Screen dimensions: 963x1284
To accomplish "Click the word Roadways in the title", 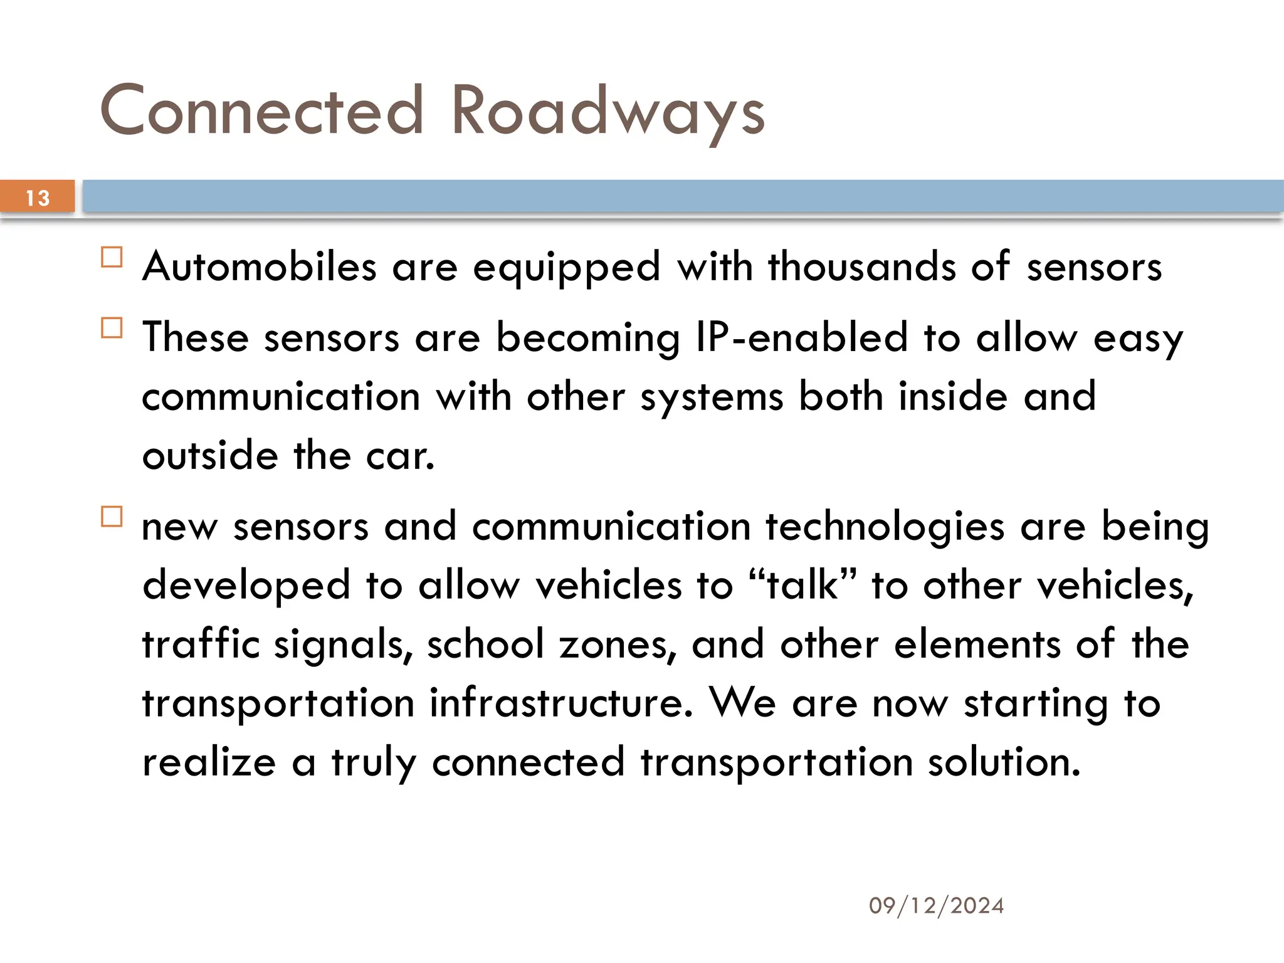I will (608, 112).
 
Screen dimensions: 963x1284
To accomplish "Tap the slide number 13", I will (38, 198).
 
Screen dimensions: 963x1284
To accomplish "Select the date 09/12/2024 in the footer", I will (936, 905).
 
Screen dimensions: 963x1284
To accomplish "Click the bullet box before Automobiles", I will (112, 258).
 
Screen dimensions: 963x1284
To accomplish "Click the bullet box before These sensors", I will (112, 328).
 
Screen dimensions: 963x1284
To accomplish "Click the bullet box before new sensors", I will (112, 517).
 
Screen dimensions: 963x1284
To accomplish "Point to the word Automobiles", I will (260, 266).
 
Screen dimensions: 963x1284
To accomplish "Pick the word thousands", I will (862, 266).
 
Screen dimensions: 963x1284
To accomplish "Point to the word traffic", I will (201, 644).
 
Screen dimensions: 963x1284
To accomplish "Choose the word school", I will (485, 644).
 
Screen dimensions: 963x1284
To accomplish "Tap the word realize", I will (209, 762).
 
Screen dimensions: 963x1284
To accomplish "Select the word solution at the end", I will (1004, 762).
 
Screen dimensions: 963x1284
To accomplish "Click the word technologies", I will (885, 527).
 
